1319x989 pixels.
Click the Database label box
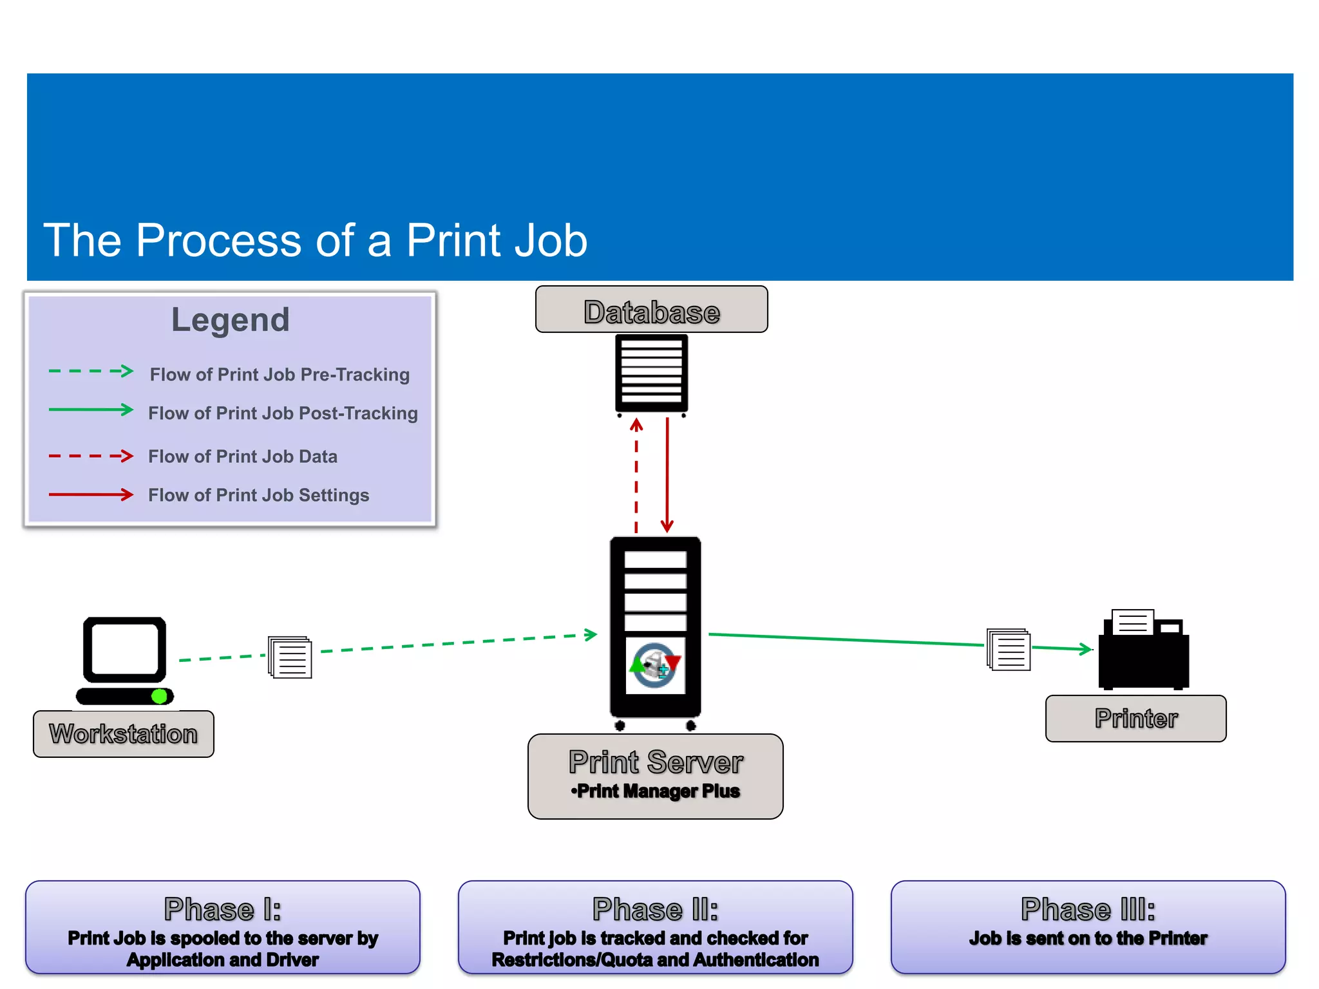click(651, 310)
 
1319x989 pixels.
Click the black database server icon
click(651, 373)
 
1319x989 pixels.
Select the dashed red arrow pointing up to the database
click(636, 476)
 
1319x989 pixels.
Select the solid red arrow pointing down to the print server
click(667, 476)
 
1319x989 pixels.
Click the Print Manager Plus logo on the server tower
click(655, 665)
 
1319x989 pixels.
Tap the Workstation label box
click(124, 734)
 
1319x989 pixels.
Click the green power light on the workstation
click(159, 696)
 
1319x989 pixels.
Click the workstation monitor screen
click(125, 649)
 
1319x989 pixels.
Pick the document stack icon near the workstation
click(290, 657)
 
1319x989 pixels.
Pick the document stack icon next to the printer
click(1009, 649)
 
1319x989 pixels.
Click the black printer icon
click(1144, 650)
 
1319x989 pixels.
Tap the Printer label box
click(1135, 719)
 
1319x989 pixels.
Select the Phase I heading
click(223, 909)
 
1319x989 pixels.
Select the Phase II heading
click(655, 909)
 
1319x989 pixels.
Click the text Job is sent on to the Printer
click(1088, 938)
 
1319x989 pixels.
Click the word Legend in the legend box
click(231, 320)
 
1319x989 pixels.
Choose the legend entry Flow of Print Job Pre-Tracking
click(280, 375)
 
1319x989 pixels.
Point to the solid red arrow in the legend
click(91, 494)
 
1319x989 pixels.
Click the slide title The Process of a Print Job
click(315, 240)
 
